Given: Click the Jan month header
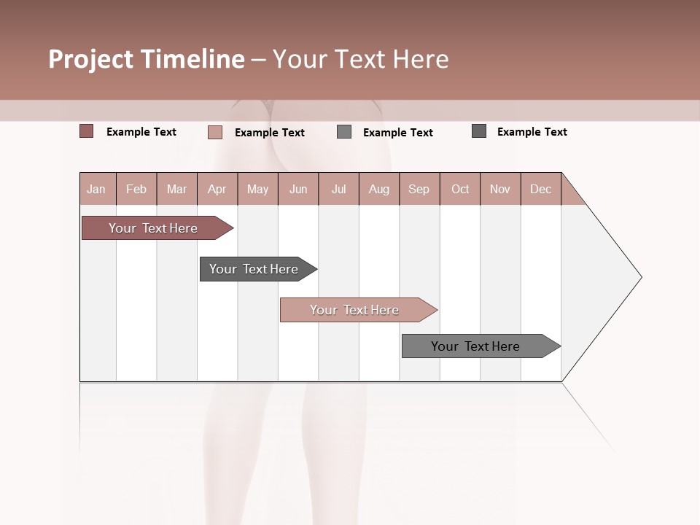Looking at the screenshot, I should click(97, 189).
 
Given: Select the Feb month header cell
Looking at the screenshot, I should click(136, 189).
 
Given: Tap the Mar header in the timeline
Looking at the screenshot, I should click(176, 189).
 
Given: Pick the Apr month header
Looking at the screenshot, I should click(217, 189).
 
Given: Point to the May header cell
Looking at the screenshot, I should click(257, 189).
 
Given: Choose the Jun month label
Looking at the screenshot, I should click(298, 189).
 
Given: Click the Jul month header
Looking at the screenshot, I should click(338, 189).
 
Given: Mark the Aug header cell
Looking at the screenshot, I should click(379, 189).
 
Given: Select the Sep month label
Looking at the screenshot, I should click(419, 189).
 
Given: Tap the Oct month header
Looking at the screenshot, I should click(460, 189).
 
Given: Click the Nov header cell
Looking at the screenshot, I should click(500, 189).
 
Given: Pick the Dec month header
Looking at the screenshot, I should click(541, 189).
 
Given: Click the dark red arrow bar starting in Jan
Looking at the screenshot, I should click(153, 228).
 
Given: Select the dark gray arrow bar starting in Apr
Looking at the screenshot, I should click(254, 269).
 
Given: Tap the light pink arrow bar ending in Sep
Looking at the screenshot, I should click(354, 310).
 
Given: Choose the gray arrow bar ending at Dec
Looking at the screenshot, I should click(475, 346).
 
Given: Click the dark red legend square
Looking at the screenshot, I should click(87, 131).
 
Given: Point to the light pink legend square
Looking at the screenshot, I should click(215, 132).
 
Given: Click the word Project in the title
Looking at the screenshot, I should click(90, 59).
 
